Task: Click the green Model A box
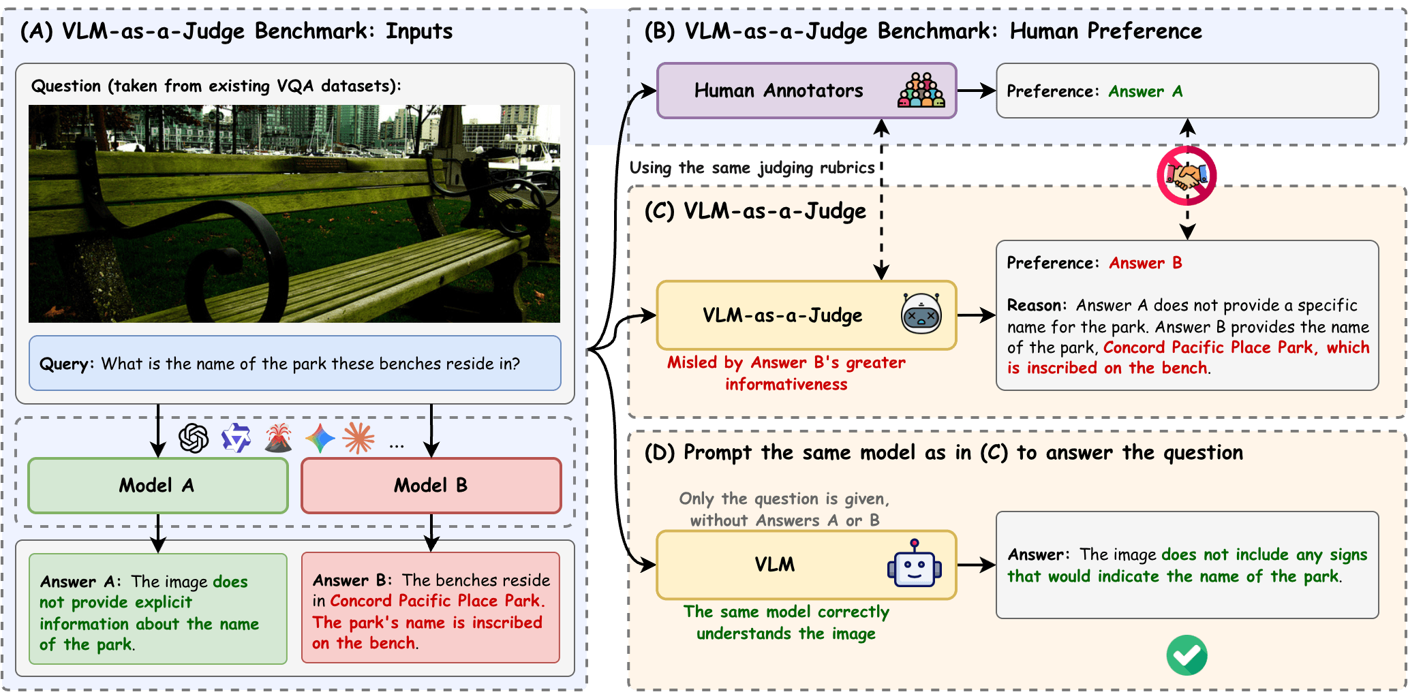click(x=157, y=486)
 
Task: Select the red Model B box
click(x=431, y=486)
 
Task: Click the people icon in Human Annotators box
click(x=921, y=91)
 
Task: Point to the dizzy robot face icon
click(x=921, y=314)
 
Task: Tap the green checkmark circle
click(x=1187, y=655)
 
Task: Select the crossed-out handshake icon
click(x=1187, y=176)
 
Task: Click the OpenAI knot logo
click(x=194, y=438)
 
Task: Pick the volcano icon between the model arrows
click(x=278, y=438)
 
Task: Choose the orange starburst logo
click(x=359, y=438)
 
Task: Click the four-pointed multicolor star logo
click(x=320, y=438)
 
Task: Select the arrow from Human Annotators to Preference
click(x=976, y=91)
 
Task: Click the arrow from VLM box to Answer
click(x=976, y=565)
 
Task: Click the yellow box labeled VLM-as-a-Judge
click(x=782, y=315)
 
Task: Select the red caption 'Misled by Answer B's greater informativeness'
click(x=786, y=373)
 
